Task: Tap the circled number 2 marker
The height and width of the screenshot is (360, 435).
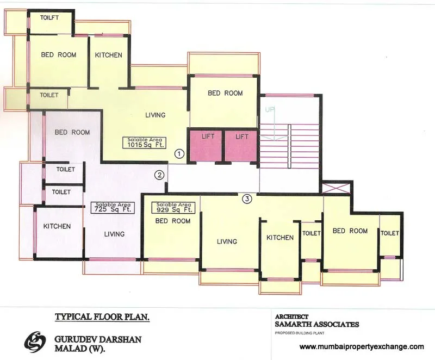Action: (x=159, y=175)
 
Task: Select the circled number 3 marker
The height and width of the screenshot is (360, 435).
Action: (x=247, y=199)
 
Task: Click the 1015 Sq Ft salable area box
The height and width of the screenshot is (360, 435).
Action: (x=144, y=142)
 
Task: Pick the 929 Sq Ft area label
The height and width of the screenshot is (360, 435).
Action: (x=175, y=207)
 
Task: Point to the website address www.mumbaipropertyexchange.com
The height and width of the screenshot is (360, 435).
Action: (x=362, y=346)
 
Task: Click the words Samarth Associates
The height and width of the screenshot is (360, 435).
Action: (x=317, y=325)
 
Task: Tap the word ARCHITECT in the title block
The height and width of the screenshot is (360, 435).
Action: (x=292, y=316)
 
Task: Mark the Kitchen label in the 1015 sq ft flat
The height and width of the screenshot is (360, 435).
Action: (x=109, y=55)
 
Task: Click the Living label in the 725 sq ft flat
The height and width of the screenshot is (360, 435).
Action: (x=114, y=234)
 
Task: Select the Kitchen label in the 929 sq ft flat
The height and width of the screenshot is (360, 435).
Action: (x=280, y=238)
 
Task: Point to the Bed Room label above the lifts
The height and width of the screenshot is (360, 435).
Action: (x=225, y=93)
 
